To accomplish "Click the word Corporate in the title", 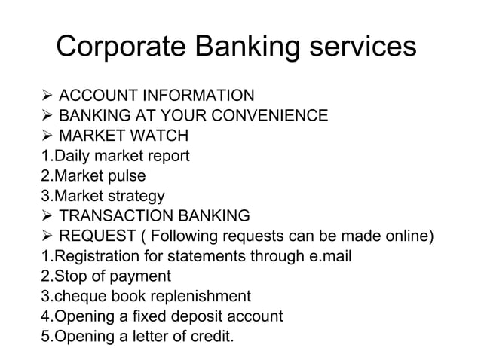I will pyautogui.click(x=121, y=47).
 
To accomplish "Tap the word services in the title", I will pyautogui.click(x=360, y=47).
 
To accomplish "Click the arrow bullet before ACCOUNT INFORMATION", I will pyautogui.click(x=47, y=96).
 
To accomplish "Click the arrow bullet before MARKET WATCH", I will pyautogui.click(x=47, y=136).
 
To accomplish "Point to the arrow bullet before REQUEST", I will pyautogui.click(x=47, y=236).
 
